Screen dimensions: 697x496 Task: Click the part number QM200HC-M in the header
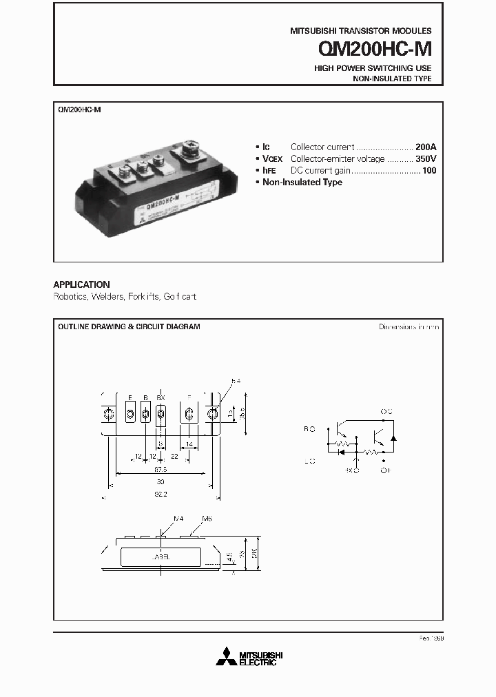tap(375, 49)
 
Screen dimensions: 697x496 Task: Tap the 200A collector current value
tap(426, 147)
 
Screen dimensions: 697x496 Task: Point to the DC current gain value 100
tap(429, 170)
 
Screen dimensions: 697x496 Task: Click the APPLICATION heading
tap(81, 284)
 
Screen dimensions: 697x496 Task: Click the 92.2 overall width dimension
tap(160, 494)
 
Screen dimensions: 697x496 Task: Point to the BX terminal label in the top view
tap(161, 397)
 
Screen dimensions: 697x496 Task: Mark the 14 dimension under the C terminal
tap(189, 446)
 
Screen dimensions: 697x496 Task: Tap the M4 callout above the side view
tap(178, 518)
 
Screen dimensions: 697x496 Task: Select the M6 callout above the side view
tap(207, 518)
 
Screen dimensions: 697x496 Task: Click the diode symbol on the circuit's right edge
tap(393, 437)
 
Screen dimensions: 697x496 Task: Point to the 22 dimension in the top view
tap(175, 457)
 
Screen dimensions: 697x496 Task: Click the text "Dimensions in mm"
tap(409, 326)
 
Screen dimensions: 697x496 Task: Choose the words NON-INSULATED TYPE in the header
tap(392, 79)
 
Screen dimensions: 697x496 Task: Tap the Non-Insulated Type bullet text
tap(302, 182)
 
